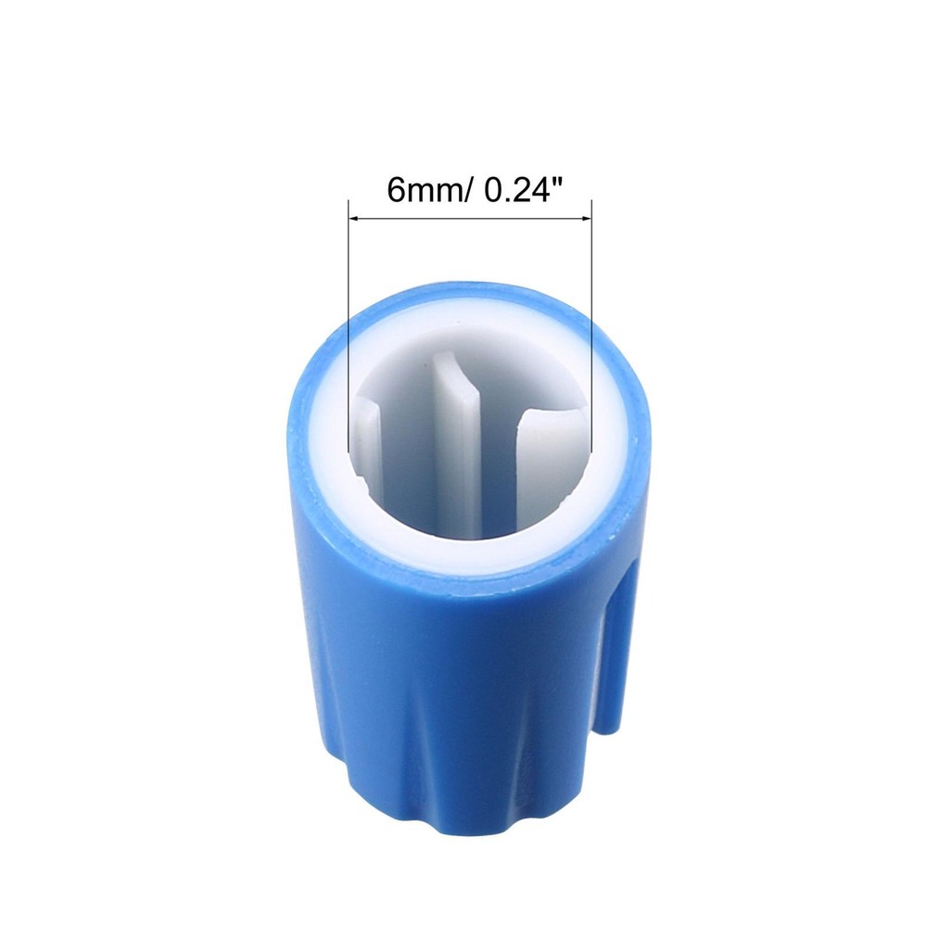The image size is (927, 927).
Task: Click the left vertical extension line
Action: (349, 324)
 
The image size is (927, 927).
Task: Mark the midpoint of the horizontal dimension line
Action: (470, 219)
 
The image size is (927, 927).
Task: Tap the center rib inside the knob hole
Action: (460, 454)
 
